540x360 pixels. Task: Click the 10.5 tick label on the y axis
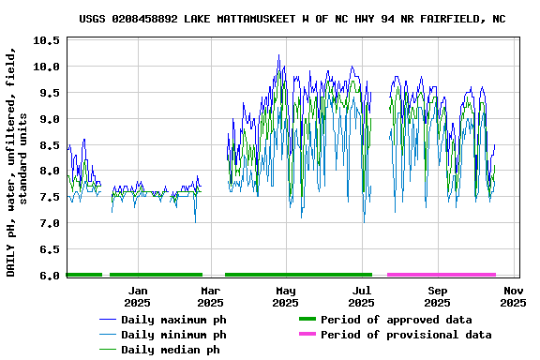click(x=47, y=40)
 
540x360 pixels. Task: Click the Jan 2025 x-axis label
click(x=137, y=296)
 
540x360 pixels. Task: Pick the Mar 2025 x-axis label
click(x=210, y=296)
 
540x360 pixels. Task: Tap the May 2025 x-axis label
click(x=286, y=296)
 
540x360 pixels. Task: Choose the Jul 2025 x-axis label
click(x=361, y=296)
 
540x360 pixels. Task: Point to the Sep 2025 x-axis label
click(x=437, y=296)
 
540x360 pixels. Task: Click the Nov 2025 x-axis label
click(x=512, y=296)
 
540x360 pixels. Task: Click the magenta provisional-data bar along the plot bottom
click(x=441, y=275)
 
